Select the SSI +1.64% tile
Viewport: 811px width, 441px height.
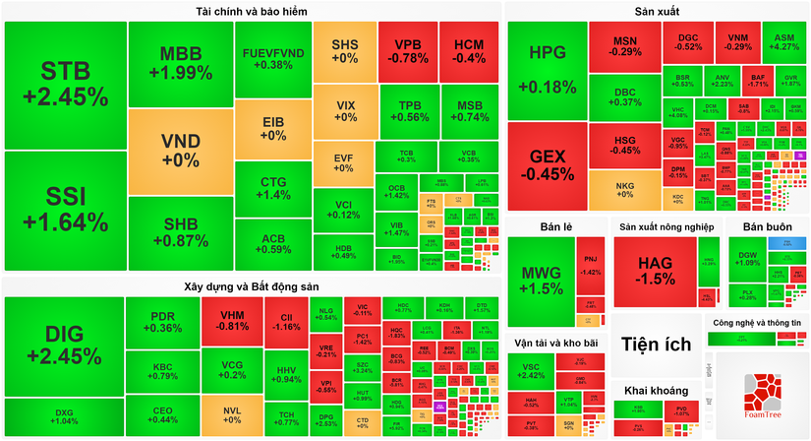(64, 209)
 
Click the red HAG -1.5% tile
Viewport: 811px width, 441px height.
(656, 271)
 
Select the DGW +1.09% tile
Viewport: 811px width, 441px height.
(748, 259)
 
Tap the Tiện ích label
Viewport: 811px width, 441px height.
(656, 344)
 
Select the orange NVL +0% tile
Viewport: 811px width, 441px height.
(232, 413)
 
